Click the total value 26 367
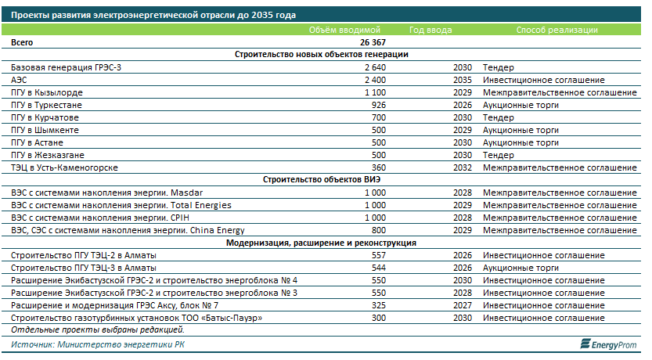(x=373, y=42)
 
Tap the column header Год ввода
(x=430, y=30)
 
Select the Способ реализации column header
(x=557, y=30)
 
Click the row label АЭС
(x=19, y=80)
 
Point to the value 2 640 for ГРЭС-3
(x=375, y=67)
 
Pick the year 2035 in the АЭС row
(x=463, y=80)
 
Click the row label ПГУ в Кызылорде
(x=47, y=92)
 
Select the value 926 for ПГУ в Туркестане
(x=379, y=105)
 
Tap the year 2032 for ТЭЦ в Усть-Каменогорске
(x=463, y=167)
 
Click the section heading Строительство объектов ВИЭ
(x=322, y=179)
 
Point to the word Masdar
(x=187, y=193)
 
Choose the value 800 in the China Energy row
(x=379, y=230)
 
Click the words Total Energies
(x=201, y=205)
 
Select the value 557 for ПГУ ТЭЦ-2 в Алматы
(x=379, y=255)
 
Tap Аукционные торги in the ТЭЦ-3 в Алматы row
(x=521, y=268)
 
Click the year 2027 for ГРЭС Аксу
(x=463, y=305)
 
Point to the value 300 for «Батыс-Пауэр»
(x=379, y=318)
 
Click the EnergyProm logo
(x=608, y=344)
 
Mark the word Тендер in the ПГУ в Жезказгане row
(x=498, y=155)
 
